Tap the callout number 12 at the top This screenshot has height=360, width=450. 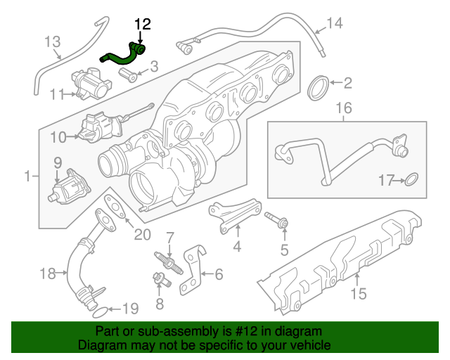(142, 25)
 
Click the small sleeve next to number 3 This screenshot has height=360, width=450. (131, 74)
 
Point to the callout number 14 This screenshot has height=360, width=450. (334, 24)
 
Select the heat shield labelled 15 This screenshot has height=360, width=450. (337, 260)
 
